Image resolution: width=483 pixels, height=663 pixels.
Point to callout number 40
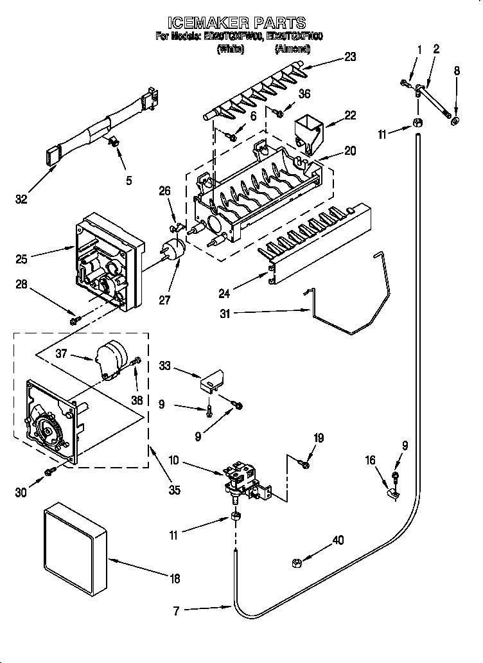pos(338,540)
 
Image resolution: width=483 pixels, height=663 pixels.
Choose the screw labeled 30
pos(49,473)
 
